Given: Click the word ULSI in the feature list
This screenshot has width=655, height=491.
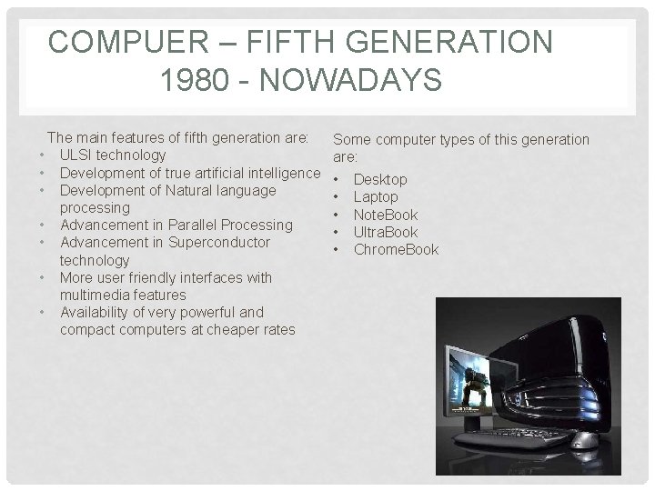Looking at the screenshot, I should click(76, 155).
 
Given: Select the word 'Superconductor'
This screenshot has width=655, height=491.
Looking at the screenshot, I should click(219, 242).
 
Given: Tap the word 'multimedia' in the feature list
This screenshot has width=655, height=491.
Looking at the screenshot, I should click(96, 295).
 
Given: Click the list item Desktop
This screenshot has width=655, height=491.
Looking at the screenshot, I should click(380, 180).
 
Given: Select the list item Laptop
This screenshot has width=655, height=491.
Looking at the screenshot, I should click(376, 197).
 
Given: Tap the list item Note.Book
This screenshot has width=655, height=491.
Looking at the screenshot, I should click(386, 215).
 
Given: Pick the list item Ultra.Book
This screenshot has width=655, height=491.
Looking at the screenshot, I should click(386, 232).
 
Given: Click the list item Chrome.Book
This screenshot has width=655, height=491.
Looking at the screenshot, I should click(396, 249).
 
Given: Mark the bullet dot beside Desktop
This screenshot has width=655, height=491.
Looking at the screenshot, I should click(337, 179).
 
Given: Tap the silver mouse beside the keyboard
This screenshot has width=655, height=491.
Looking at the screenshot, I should click(584, 441).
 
